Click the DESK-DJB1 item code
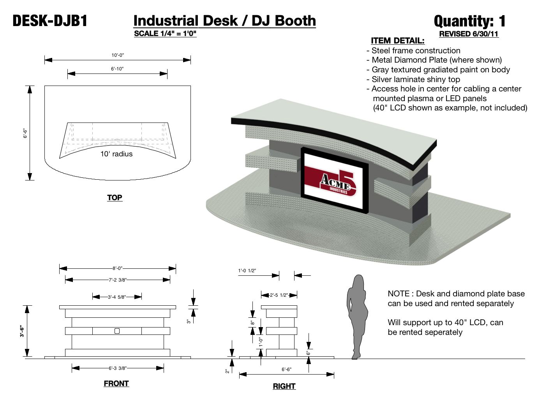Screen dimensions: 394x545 coord(50,21)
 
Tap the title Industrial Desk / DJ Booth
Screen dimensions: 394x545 coord(224,21)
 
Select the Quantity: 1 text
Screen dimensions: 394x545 coord(469,21)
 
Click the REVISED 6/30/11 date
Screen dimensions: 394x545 coord(469,34)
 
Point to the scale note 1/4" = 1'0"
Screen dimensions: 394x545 coord(165,33)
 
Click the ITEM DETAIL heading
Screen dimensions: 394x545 coord(397,41)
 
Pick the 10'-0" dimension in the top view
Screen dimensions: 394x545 coord(117,55)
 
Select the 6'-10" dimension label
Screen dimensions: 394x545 coord(117,69)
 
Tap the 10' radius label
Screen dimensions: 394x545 coord(116,154)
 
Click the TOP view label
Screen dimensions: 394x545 coord(115,198)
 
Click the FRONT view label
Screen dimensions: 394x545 coord(116,383)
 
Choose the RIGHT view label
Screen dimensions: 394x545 coord(284,386)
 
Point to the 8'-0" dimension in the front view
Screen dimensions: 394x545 coord(117,268)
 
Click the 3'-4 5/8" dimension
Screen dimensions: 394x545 coord(117,297)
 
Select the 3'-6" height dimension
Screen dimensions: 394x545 coord(22,331)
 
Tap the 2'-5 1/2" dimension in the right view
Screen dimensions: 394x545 coord(279,295)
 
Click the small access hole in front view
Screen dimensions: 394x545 coord(117,331)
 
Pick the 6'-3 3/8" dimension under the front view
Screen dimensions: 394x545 coord(117,368)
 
